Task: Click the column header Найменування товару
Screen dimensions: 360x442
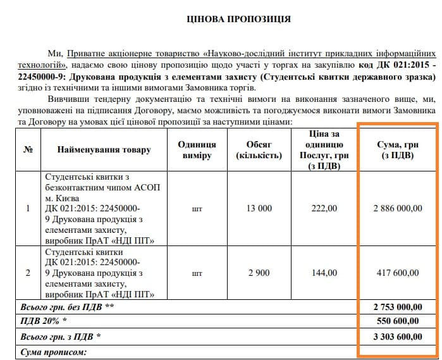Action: point(104,150)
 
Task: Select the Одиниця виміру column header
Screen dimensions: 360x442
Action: point(197,150)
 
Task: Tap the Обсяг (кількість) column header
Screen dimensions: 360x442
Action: point(259,150)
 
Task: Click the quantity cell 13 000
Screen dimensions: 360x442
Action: point(259,208)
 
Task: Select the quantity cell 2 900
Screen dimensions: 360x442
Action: point(259,273)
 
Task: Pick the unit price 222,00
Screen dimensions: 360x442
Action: point(324,208)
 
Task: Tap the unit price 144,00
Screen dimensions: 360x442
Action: point(324,273)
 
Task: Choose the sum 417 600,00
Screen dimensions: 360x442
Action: point(398,273)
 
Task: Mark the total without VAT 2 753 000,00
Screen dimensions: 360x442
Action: point(397,307)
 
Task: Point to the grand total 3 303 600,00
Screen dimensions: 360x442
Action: point(397,337)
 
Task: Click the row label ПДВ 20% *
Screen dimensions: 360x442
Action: point(44,322)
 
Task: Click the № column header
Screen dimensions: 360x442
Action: point(27,150)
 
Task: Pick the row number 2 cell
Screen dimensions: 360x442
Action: point(27,273)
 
